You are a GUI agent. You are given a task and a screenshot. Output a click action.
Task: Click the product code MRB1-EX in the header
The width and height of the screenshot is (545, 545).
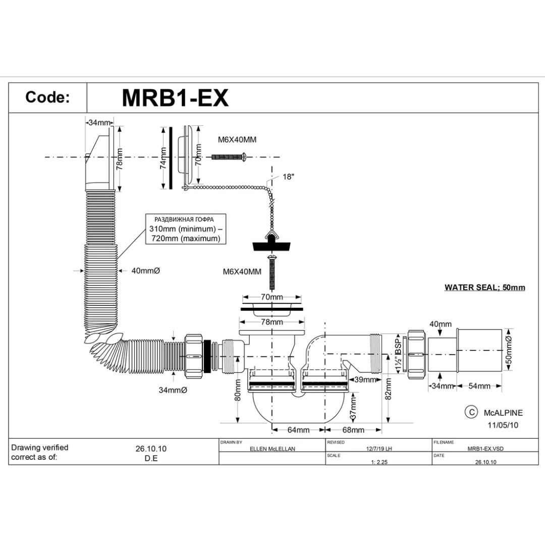175,98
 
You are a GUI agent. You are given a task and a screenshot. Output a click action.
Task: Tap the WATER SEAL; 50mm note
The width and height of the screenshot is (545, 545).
484,288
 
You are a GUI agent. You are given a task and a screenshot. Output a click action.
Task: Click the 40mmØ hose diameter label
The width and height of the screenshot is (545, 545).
145,271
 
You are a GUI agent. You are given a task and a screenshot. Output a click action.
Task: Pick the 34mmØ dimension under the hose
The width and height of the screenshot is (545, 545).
173,390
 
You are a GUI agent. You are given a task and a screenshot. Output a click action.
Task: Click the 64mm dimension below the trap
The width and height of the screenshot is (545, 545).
298,430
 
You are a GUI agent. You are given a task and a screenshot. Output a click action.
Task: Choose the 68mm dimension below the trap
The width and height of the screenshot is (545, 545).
353,430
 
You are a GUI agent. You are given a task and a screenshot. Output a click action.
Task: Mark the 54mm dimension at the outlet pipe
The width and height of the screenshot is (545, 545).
479,386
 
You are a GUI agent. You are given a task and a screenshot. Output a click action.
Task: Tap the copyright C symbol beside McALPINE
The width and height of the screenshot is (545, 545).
470,412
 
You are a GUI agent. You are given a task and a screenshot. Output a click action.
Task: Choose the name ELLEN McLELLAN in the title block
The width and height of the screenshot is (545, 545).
272,448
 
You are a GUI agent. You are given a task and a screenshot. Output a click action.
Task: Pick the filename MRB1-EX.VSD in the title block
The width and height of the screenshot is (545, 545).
485,448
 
